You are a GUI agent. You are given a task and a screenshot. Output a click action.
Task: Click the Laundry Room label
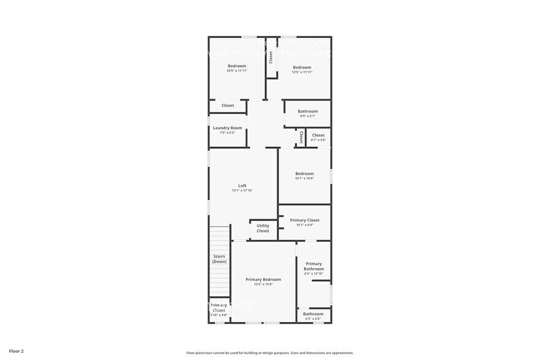[227, 128]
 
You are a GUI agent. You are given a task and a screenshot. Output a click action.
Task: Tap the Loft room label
[242, 186]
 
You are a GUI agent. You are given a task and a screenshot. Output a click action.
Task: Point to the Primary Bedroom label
[263, 279]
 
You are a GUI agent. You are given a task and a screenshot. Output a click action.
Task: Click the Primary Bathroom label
[313, 266]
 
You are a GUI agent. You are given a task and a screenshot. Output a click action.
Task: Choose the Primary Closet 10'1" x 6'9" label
[305, 220]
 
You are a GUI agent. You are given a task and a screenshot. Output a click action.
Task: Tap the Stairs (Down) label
[219, 259]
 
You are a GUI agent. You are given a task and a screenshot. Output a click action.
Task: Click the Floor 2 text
[17, 351]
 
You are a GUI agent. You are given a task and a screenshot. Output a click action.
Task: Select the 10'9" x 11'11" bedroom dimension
[237, 71]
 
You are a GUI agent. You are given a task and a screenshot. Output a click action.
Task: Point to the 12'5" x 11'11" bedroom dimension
[302, 72]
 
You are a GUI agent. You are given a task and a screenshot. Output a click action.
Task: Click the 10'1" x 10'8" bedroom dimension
[304, 179]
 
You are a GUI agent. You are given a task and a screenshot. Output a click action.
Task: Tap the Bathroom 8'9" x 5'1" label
[308, 111]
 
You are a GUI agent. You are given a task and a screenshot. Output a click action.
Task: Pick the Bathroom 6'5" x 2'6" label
[313, 314]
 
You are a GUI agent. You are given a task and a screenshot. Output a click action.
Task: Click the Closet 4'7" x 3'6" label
[318, 135]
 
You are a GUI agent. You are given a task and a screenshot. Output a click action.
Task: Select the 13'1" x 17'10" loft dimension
[242, 190]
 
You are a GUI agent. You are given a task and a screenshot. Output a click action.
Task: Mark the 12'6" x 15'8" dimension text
[263, 284]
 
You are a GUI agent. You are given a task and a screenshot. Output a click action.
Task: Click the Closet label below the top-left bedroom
[228, 105]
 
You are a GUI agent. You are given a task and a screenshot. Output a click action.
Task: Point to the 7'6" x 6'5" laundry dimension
[227, 133]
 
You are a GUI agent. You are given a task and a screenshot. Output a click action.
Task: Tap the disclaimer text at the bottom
[269, 353]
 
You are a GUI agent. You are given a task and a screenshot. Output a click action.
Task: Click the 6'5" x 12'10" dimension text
[313, 274]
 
